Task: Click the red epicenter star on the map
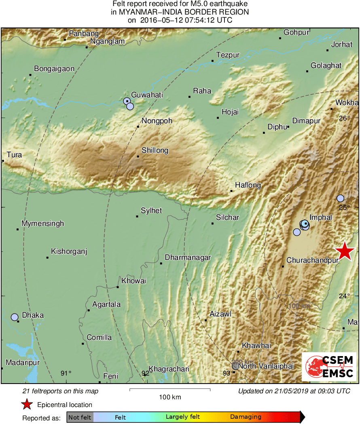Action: tap(345, 251)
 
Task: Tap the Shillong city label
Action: tap(155, 150)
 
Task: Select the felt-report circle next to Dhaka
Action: tap(15, 317)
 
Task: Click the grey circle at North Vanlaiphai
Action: tap(235, 366)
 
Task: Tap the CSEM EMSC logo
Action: tap(329, 366)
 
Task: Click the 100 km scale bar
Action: tap(170, 390)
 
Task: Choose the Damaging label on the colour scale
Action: tap(246, 417)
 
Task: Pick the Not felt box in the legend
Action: tap(80, 417)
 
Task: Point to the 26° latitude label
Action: tap(344, 118)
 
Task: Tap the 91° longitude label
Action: tap(66, 373)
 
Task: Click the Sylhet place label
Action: tap(151, 210)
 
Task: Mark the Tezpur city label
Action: tap(228, 55)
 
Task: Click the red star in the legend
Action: tap(27, 404)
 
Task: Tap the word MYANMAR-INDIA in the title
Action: tap(147, 12)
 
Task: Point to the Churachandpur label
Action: tap(312, 260)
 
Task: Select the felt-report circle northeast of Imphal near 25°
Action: tap(340, 198)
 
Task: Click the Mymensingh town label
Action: tap(42, 224)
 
